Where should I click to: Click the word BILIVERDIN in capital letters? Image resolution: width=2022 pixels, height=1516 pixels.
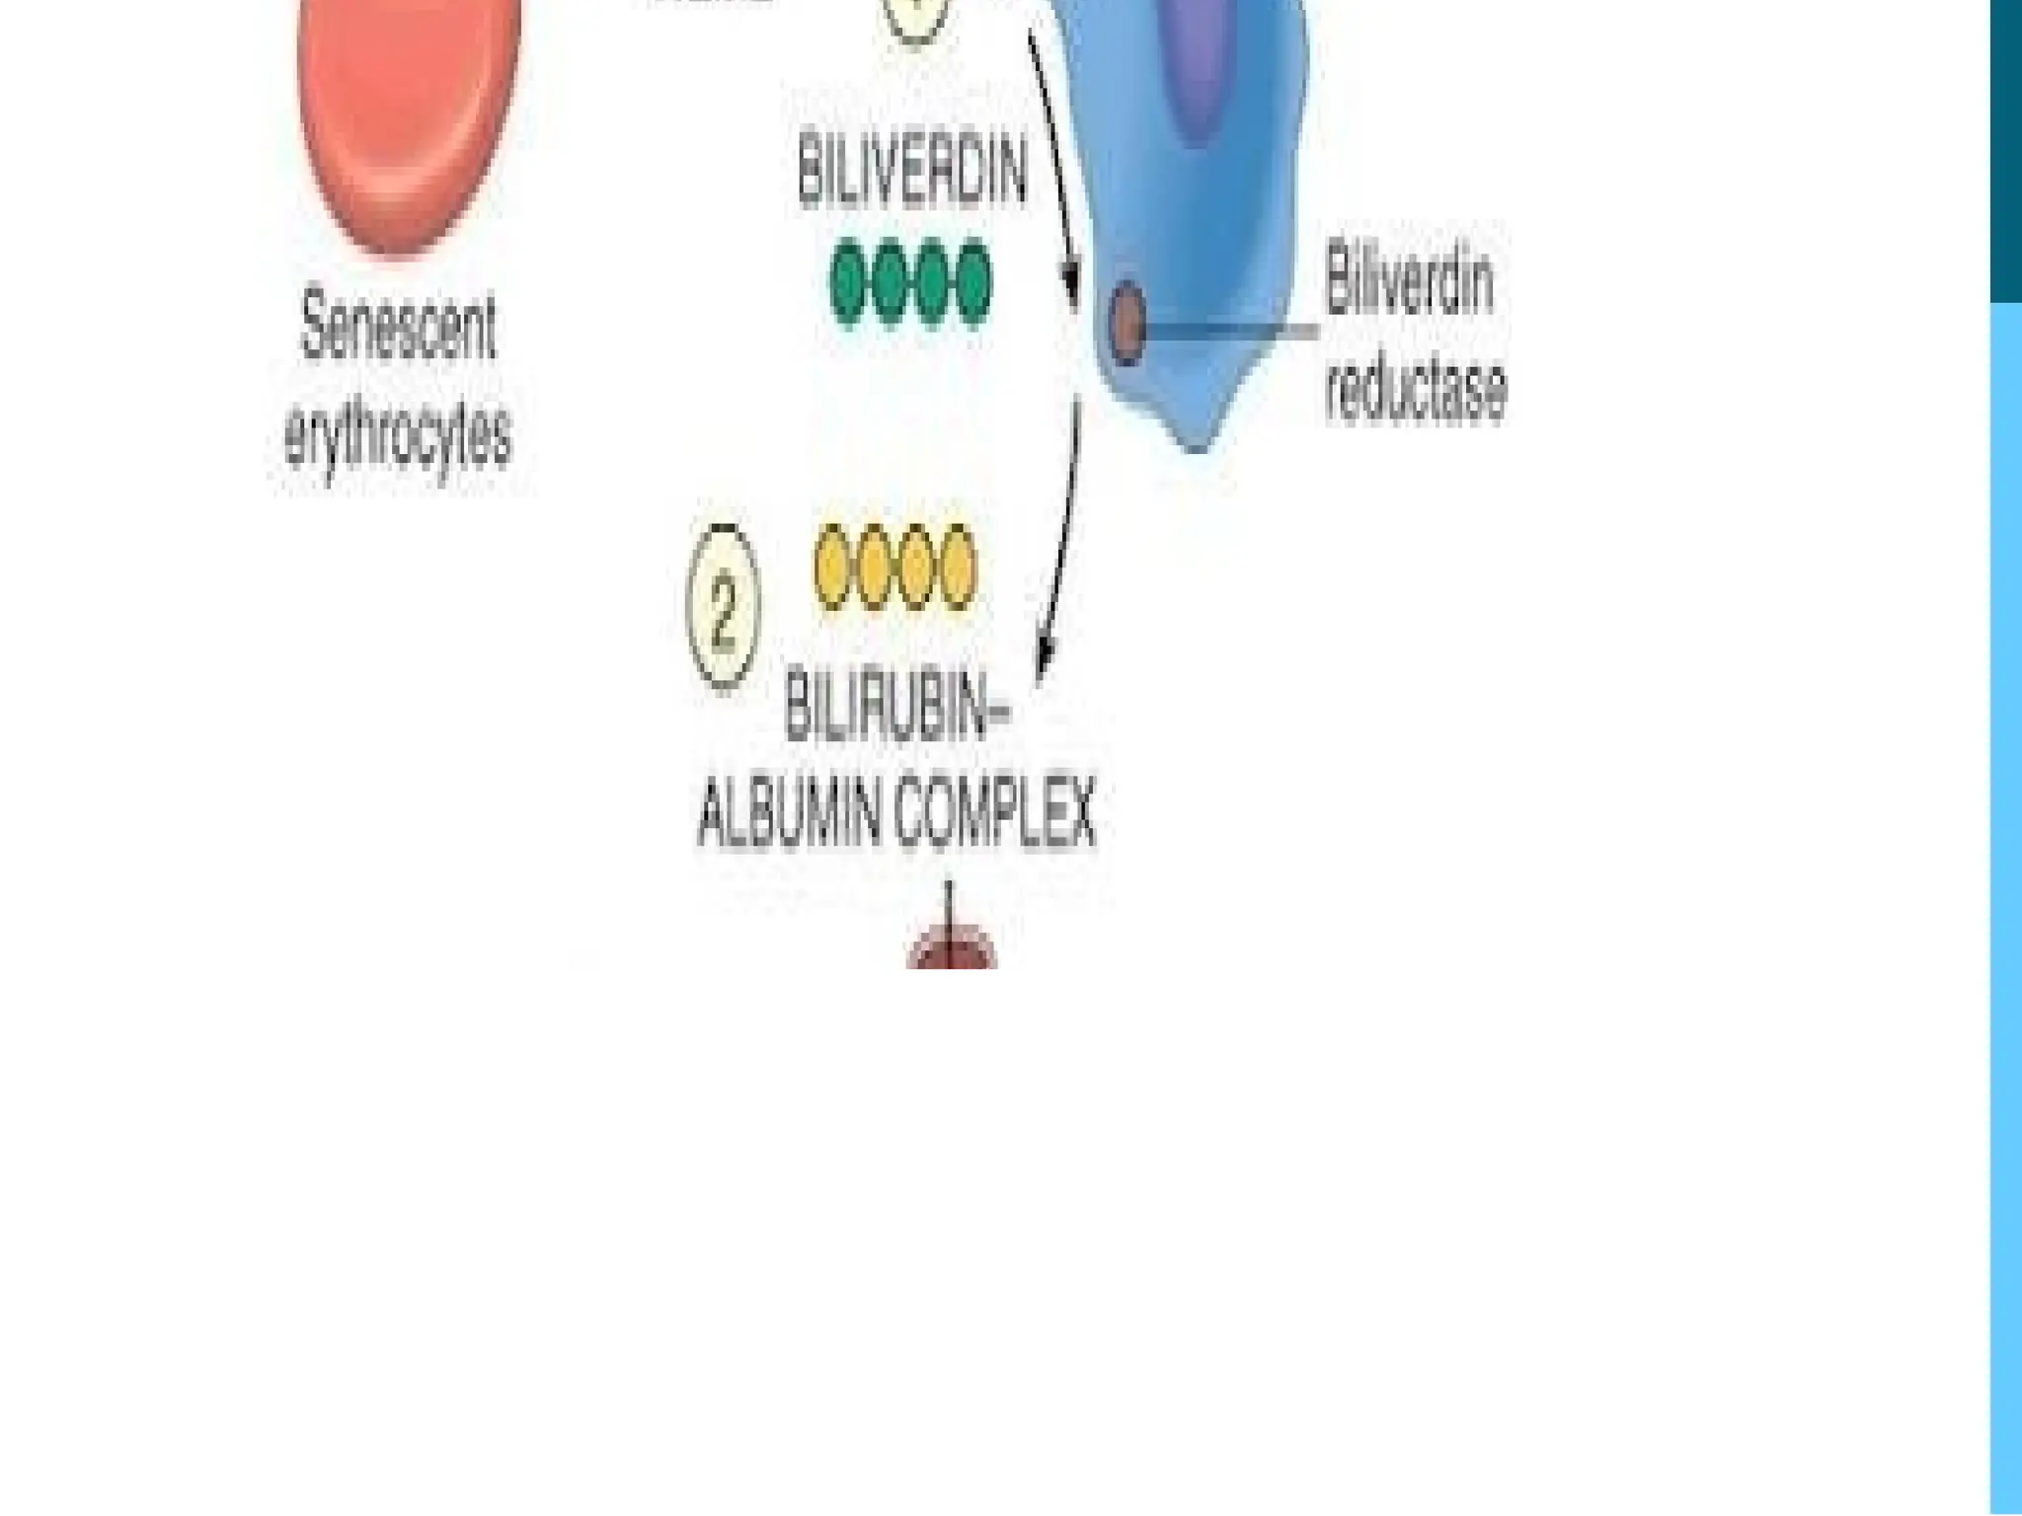tap(911, 175)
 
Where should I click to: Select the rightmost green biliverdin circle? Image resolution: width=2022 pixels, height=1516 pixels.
tap(973, 283)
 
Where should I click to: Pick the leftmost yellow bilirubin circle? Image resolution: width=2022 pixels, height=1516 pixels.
tap(833, 568)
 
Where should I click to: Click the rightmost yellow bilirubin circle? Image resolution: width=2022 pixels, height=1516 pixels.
tap(958, 568)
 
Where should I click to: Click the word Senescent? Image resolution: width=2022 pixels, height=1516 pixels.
tap(398, 327)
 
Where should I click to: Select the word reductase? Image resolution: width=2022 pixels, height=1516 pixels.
tap(1416, 389)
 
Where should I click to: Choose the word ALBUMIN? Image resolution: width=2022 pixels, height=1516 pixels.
tap(788, 815)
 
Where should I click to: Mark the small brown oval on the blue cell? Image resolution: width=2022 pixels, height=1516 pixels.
tap(1128, 323)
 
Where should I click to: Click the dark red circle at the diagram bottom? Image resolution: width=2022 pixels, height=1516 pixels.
tap(951, 953)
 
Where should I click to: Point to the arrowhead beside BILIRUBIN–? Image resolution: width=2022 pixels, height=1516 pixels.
tap(1045, 661)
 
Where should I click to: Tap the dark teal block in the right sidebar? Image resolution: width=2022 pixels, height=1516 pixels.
tap(2005, 148)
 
